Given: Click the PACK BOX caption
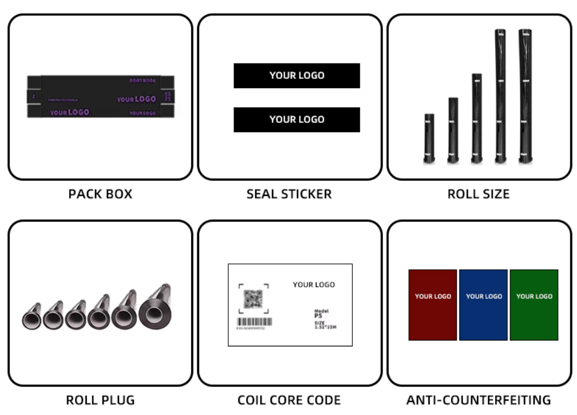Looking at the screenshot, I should coord(100,194).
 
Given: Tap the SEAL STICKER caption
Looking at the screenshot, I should coord(289,194).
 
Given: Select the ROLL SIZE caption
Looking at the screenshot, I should coord(478,194).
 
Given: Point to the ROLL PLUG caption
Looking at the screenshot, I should coord(100,400).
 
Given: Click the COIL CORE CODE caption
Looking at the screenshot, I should coord(289,400).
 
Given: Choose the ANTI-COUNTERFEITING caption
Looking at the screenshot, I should coord(478,400).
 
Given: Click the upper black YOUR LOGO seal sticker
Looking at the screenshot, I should coord(296,76).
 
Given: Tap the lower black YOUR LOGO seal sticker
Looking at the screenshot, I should coord(296,119).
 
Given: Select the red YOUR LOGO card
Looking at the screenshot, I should coord(432,305).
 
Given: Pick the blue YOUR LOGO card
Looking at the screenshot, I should coord(483,305).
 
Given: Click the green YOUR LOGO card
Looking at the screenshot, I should coord(534,305).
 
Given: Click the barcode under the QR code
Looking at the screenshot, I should coord(254,322).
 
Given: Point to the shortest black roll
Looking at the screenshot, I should coord(429,138).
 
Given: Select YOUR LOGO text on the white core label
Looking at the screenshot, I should coord(313,285).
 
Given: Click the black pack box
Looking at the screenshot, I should coord(100,97).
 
